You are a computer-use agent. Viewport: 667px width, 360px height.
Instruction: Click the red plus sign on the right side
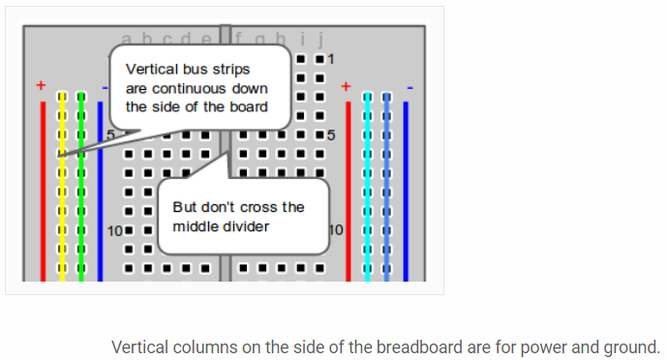point(346,86)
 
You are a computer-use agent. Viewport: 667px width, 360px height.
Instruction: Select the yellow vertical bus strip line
point(61,194)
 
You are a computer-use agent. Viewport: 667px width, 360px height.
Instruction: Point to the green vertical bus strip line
point(80,194)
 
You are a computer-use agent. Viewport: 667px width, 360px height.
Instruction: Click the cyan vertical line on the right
point(368,194)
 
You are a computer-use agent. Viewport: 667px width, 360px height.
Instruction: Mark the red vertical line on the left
point(43,194)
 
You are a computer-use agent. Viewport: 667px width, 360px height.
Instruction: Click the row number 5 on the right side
point(331,135)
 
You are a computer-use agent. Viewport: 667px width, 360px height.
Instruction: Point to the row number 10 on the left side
point(114,231)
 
